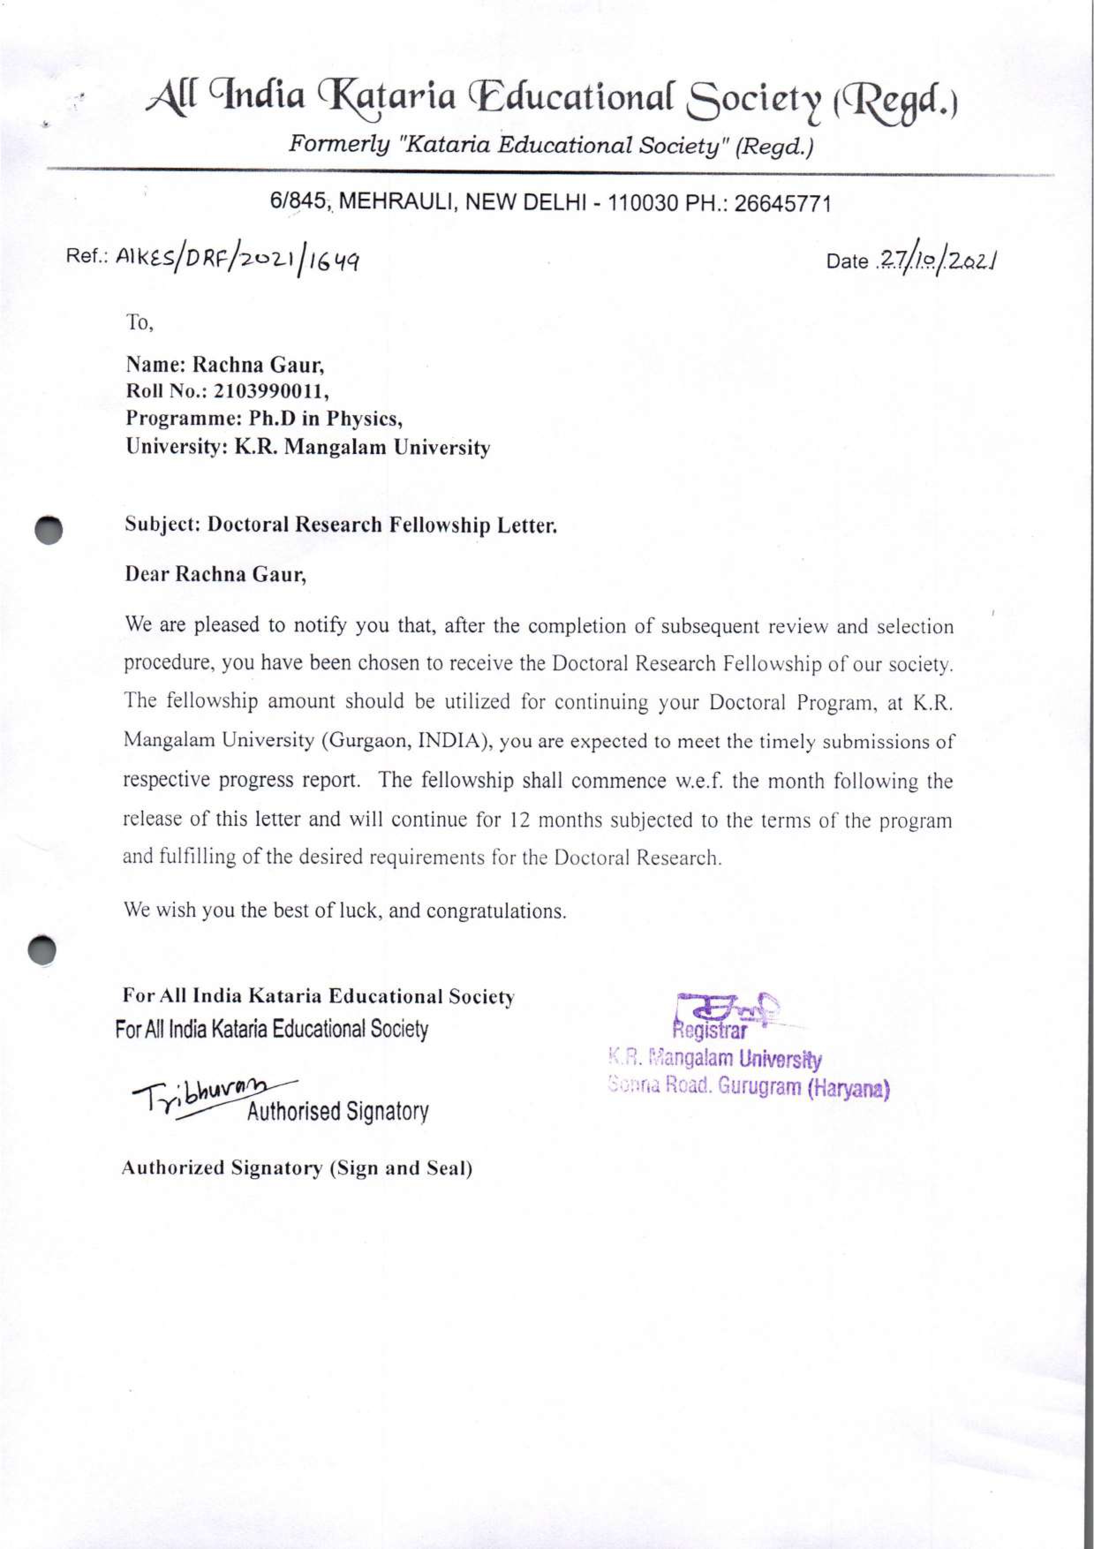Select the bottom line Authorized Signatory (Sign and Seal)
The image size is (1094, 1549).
tap(297, 1168)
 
